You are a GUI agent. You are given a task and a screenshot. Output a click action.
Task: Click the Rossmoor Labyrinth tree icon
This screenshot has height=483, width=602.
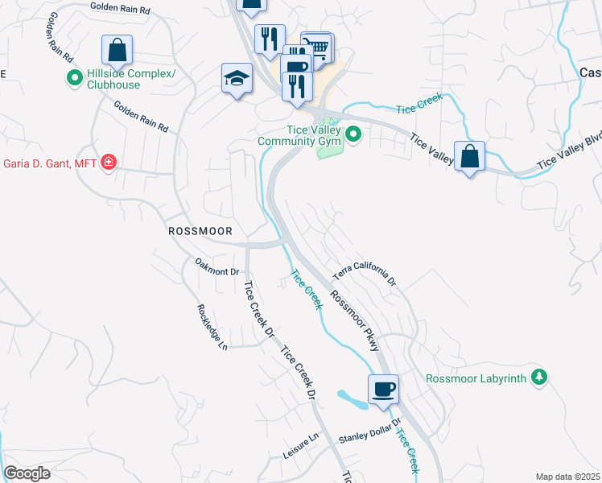pyautogui.click(x=538, y=377)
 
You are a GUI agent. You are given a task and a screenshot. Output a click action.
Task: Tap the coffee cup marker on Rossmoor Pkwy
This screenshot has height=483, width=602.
pyautogui.click(x=383, y=389)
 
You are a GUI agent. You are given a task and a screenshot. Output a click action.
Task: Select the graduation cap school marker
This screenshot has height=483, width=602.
pyautogui.click(x=237, y=78)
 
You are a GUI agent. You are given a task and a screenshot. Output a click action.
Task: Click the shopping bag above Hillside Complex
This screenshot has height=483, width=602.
pyautogui.click(x=118, y=50)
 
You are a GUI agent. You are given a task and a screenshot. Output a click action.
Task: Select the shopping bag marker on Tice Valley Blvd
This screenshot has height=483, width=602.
pyautogui.click(x=469, y=155)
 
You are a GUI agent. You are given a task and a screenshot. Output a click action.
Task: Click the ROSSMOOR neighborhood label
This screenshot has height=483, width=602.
pyautogui.click(x=200, y=231)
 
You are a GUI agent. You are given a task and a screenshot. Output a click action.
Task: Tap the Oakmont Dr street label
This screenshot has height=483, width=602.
pyautogui.click(x=217, y=266)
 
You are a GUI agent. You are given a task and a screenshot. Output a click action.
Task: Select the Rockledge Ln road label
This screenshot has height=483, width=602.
pyautogui.click(x=212, y=327)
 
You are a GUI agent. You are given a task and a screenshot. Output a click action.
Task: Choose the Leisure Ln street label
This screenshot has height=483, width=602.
pyautogui.click(x=301, y=446)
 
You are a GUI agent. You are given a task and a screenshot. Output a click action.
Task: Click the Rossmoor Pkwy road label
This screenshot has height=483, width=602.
pyautogui.click(x=354, y=320)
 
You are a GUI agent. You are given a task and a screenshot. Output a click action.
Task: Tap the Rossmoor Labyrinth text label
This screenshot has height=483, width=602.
pyautogui.click(x=476, y=378)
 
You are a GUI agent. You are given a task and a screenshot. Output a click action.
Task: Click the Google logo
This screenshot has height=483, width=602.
pyautogui.click(x=27, y=473)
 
